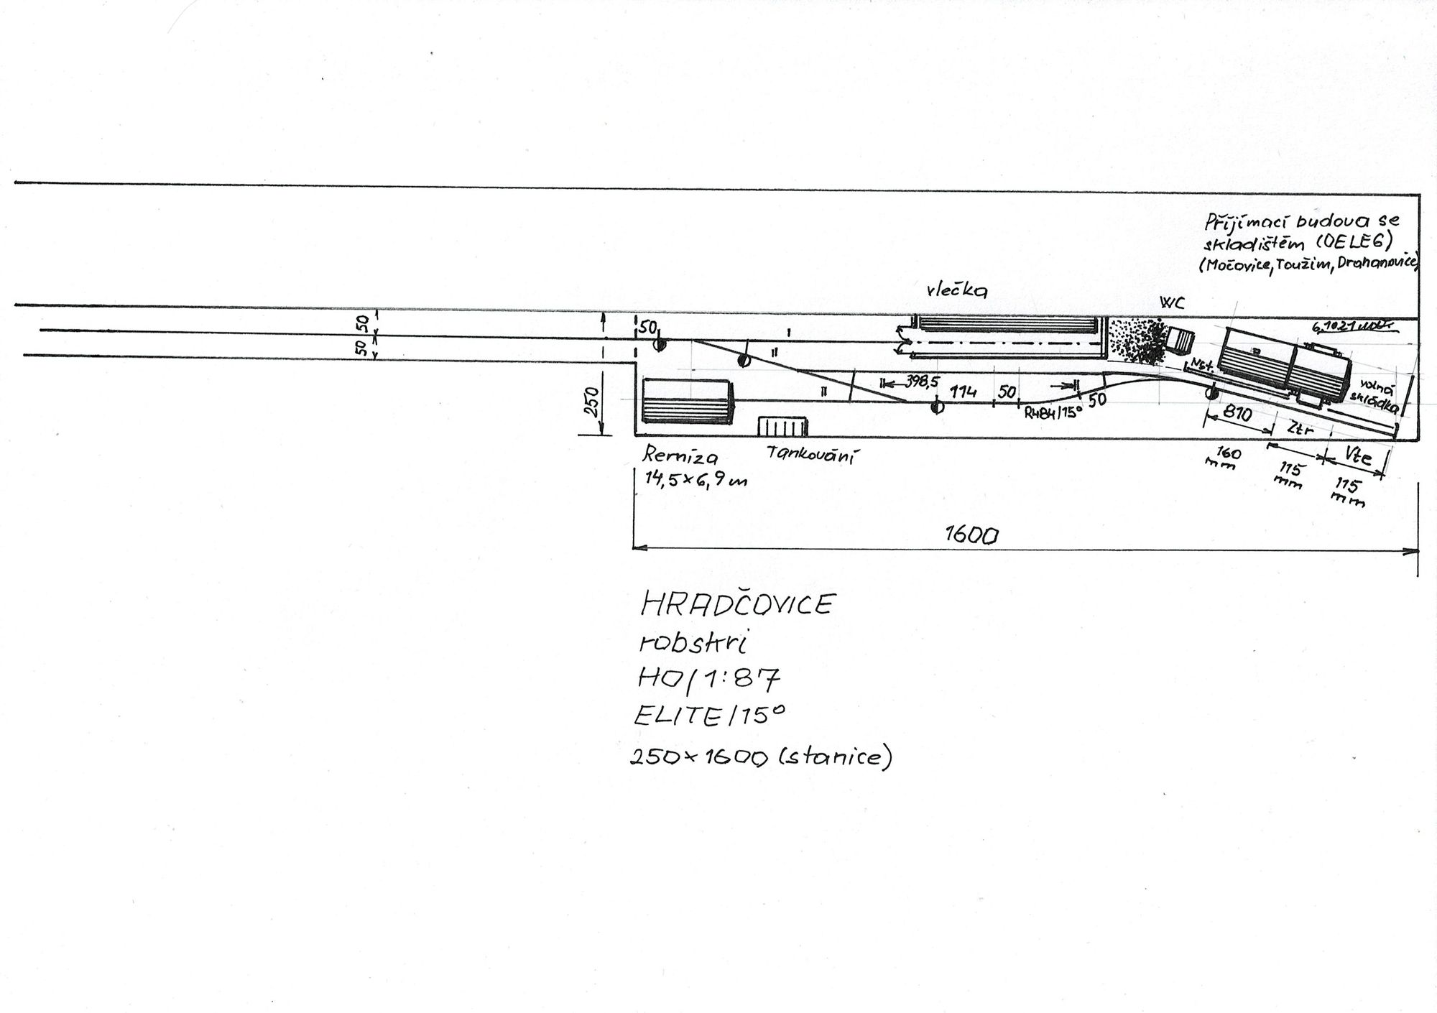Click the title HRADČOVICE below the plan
pos(736,604)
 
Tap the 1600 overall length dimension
pos(972,535)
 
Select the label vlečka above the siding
pos(957,290)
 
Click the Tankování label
pos(813,454)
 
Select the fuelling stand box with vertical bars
pos(780,426)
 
